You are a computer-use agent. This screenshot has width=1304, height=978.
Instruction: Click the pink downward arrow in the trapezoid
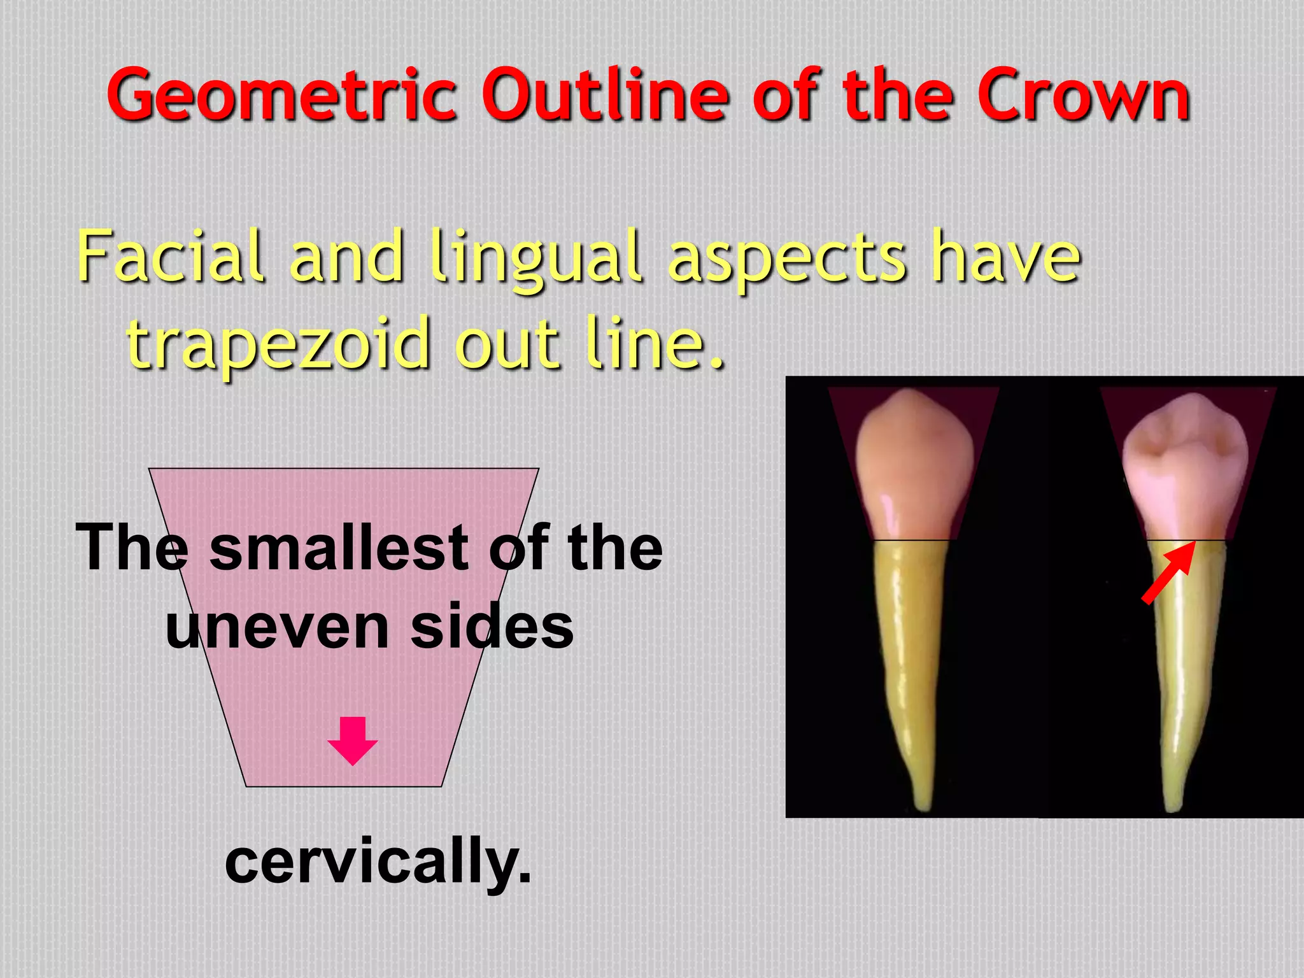[x=353, y=740]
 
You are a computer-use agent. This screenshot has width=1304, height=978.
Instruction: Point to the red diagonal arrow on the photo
[x=1167, y=572]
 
